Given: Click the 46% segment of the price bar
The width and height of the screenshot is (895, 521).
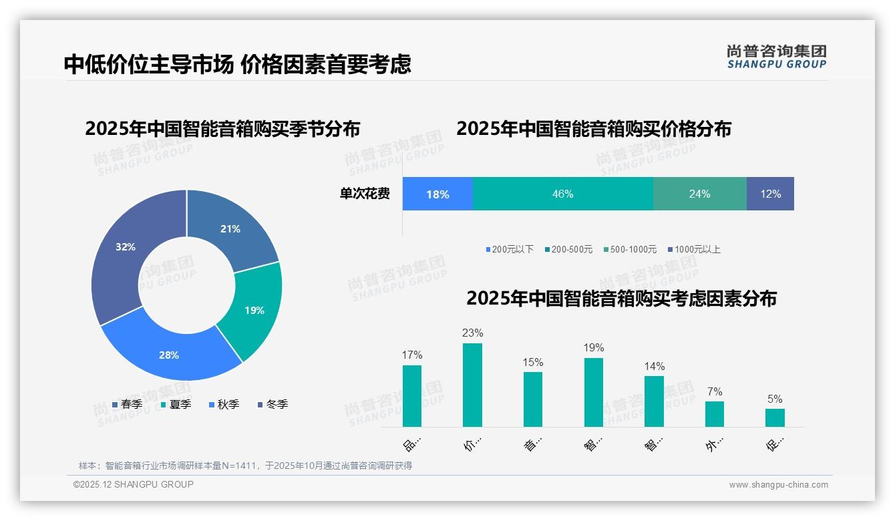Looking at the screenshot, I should (x=562, y=194).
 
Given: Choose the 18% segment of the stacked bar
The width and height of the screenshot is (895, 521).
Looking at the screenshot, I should (x=437, y=194).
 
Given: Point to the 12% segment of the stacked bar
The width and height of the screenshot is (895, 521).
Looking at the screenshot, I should (x=770, y=194).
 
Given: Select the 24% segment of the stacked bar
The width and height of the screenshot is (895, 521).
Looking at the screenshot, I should (x=699, y=194).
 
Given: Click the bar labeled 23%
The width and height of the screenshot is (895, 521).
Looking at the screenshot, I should (x=472, y=385).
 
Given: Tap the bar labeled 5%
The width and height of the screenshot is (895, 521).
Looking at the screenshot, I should (x=775, y=417).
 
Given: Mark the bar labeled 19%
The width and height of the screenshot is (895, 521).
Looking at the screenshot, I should (x=594, y=392).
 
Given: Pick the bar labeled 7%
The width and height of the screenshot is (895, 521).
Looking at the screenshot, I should (x=715, y=413).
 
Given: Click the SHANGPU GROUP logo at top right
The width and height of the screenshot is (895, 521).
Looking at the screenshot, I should (x=776, y=56).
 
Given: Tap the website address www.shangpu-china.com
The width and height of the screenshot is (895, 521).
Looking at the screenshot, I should (x=778, y=485).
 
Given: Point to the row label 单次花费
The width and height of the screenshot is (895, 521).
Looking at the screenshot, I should (x=365, y=194).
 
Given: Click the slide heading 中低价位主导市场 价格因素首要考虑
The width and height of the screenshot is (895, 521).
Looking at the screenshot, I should (x=237, y=64).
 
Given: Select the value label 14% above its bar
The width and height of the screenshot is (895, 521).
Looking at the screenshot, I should (x=655, y=366).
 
